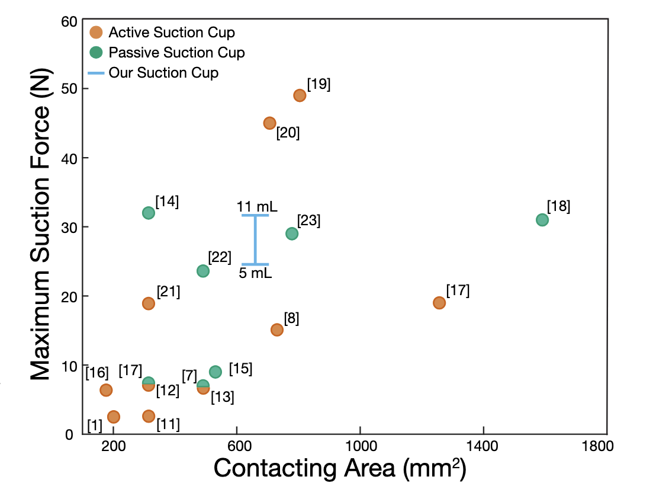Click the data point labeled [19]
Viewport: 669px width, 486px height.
[x=300, y=95]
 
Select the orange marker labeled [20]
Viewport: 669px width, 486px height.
[x=269, y=123]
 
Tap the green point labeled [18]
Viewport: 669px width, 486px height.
[x=542, y=220]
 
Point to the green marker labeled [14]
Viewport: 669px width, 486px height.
[x=148, y=213]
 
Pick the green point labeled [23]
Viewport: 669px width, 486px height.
[x=292, y=234]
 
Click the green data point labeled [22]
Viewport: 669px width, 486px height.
[x=202, y=271]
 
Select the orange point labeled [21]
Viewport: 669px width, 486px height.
[x=148, y=303]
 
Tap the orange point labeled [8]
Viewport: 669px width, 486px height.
[x=276, y=330]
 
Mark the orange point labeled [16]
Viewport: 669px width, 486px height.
[x=106, y=390]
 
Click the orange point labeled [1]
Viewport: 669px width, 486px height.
[x=113, y=417]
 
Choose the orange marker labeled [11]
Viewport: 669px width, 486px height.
[x=148, y=416]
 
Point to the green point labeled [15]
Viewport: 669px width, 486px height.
[x=216, y=372]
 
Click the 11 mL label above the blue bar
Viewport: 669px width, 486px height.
[x=257, y=207]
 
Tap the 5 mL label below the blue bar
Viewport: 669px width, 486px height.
[x=256, y=274]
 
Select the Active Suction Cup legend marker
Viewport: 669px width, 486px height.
[x=96, y=33]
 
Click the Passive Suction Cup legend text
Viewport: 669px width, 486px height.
[x=176, y=53]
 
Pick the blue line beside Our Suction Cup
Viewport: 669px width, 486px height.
[x=96, y=73]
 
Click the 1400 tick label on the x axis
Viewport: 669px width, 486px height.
[x=484, y=446]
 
